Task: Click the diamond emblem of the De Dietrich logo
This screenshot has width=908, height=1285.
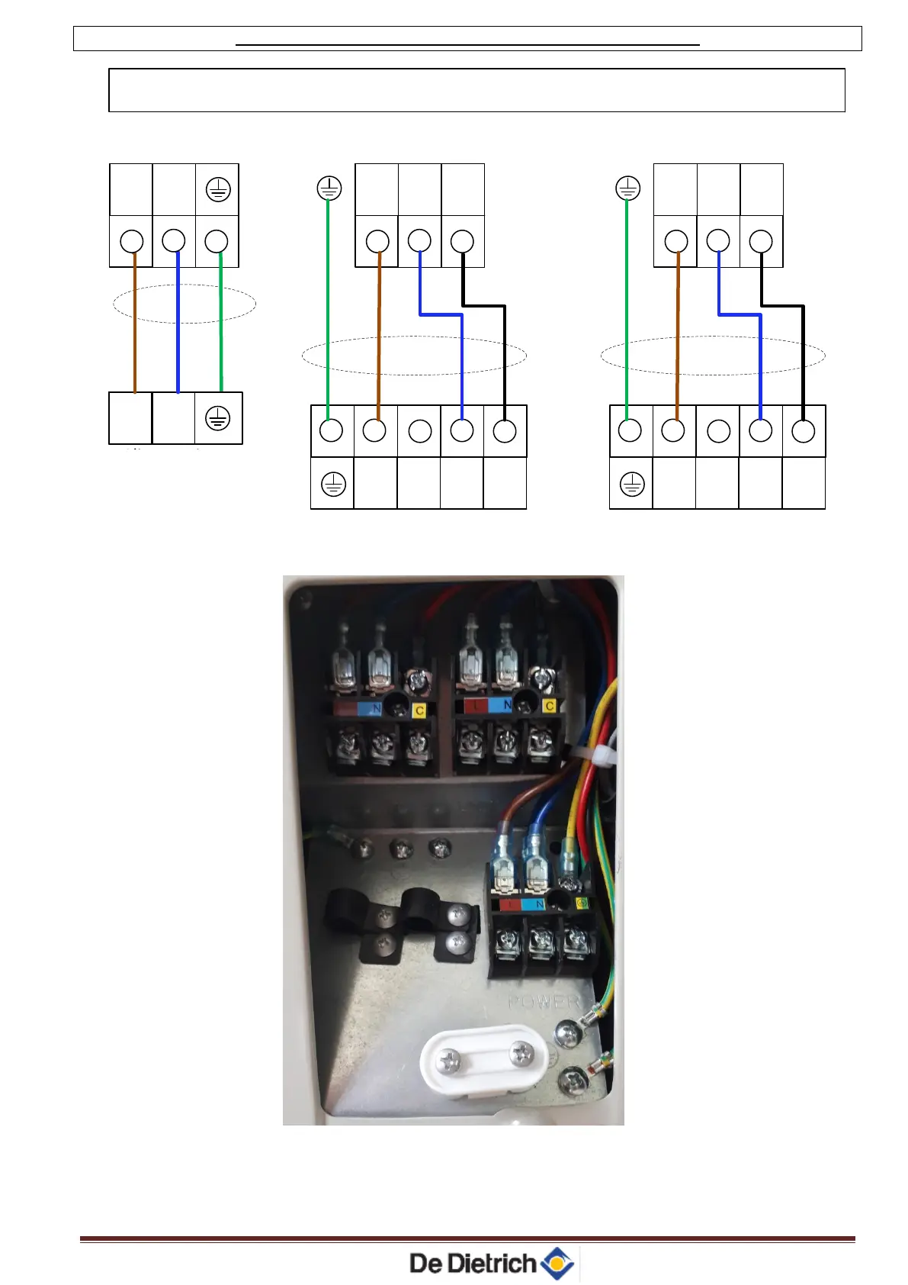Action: tap(557, 1263)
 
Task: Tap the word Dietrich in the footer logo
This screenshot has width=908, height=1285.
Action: tap(491, 1264)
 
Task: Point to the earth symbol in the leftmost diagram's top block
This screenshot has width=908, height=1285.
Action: tap(218, 189)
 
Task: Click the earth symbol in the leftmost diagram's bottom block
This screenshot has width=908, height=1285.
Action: tap(218, 418)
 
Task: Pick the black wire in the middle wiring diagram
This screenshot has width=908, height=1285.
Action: tap(504, 359)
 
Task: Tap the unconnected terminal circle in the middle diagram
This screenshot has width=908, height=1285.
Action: tap(420, 431)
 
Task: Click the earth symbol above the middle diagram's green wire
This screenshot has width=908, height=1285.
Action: tap(329, 188)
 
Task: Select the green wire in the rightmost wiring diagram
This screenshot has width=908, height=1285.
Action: tap(627, 305)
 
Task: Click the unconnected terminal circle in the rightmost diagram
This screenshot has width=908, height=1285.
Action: tap(719, 431)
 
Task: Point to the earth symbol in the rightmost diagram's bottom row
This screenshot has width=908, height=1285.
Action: tap(632, 484)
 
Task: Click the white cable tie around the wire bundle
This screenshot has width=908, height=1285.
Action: tap(597, 755)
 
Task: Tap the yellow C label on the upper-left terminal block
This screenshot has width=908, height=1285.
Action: tap(419, 711)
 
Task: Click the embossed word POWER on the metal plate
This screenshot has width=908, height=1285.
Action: tap(544, 1001)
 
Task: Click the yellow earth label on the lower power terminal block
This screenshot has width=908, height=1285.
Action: tap(583, 903)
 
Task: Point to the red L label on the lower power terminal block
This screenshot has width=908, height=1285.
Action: tap(509, 904)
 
